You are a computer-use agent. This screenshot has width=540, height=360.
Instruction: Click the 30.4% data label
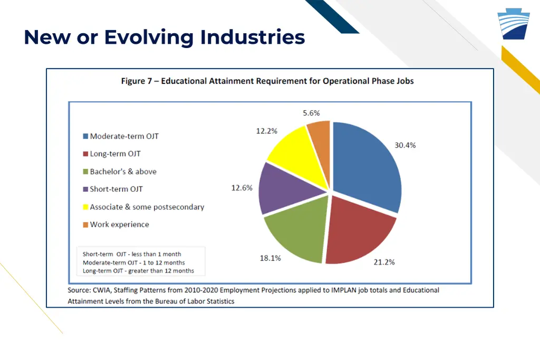click(405, 145)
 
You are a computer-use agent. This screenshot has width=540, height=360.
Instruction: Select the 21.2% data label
click(384, 262)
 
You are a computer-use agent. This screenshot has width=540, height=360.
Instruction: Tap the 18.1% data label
click(270, 258)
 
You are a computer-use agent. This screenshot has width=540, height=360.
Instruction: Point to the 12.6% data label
click(242, 188)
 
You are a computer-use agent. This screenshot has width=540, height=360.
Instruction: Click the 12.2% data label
click(266, 131)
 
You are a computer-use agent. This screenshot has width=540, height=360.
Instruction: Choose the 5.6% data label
click(311, 113)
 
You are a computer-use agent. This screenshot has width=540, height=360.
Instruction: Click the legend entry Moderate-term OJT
click(124, 136)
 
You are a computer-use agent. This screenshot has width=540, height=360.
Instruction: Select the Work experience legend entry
click(119, 225)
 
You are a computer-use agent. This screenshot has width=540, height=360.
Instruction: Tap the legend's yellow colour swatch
click(85, 207)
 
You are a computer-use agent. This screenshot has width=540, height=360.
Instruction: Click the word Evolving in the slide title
click(149, 37)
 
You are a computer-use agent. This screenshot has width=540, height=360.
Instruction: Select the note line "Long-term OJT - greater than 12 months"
click(138, 271)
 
